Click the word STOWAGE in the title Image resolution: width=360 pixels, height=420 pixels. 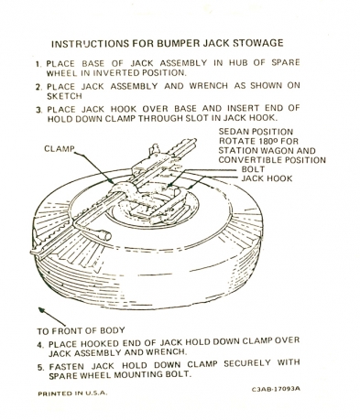click(258, 43)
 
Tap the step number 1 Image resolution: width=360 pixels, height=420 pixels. click(38, 64)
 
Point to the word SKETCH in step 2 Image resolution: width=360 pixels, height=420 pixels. click(64, 96)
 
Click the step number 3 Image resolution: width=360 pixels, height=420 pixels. click(38, 110)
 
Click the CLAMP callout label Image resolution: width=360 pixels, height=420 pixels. click(60, 148)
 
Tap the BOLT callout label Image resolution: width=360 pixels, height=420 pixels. click(253, 169)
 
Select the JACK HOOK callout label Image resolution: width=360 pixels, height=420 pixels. click(267, 178)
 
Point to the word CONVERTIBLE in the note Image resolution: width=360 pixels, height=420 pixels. click(251, 160)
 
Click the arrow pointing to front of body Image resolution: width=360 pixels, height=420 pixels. click(52, 317)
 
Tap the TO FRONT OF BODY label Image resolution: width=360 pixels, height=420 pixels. click(81, 330)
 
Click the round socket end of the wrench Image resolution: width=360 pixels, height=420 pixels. click(104, 236)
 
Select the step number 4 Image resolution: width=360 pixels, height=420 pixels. click(40, 345)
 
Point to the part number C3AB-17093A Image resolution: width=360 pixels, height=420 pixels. click(276, 389)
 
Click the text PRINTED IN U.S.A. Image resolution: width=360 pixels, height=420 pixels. click(72, 393)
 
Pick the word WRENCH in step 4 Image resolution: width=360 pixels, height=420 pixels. click(166, 351)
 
